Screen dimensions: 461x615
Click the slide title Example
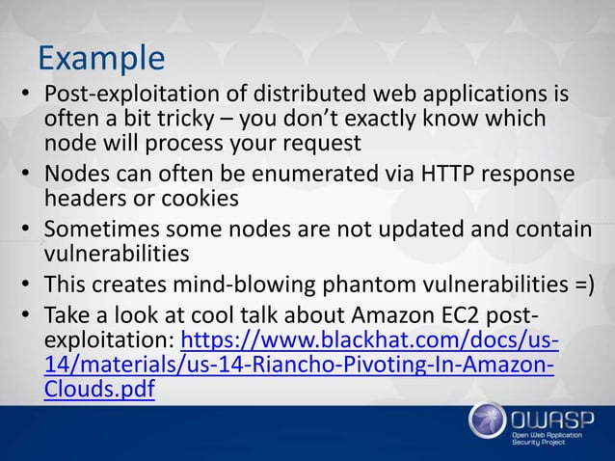coord(101,59)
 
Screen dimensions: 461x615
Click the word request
coord(323,145)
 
